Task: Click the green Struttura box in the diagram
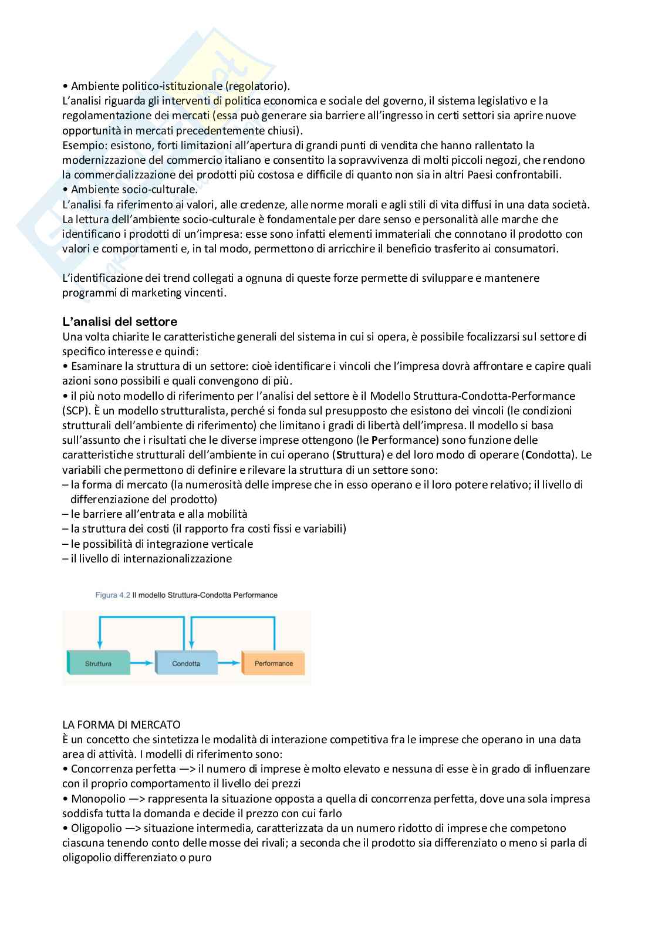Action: coord(98,663)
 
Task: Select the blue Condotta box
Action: coord(185,663)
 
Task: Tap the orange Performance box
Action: coord(274,663)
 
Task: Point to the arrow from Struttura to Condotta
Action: coord(142,663)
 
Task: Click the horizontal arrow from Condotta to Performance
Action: coord(229,663)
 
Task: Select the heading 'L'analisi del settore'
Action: coord(120,321)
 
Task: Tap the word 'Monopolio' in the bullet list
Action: coord(98,798)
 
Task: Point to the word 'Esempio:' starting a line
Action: coord(82,145)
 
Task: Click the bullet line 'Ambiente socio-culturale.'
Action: coord(134,190)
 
